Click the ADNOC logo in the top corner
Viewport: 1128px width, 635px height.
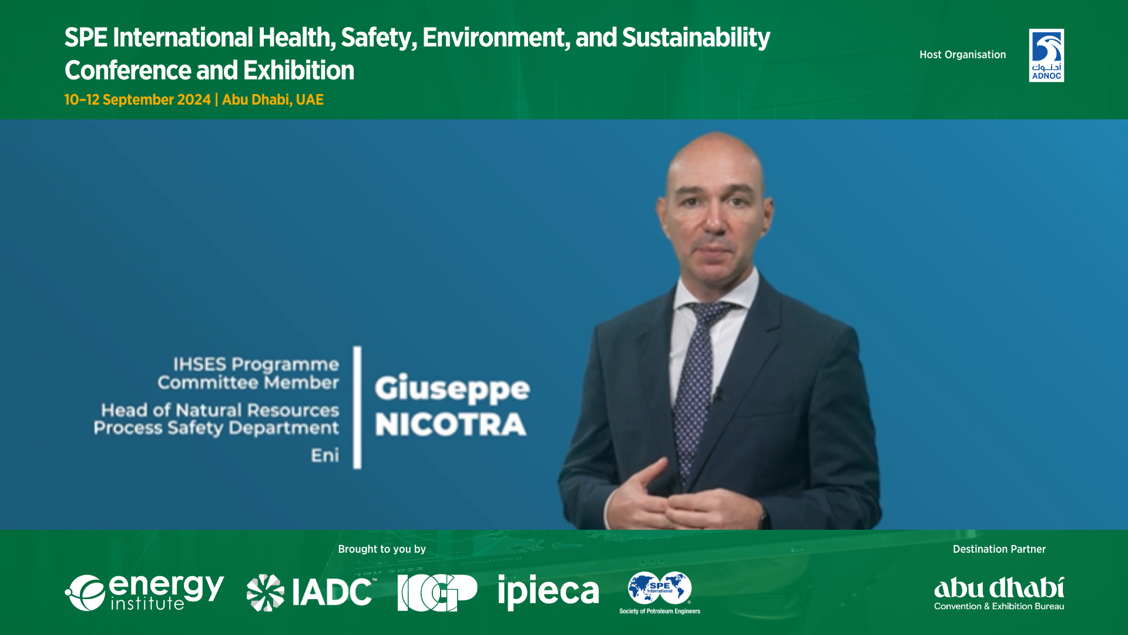[1046, 55]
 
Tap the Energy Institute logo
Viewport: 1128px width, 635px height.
[145, 592]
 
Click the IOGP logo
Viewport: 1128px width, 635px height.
[437, 593]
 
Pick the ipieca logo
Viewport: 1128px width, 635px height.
[548, 592]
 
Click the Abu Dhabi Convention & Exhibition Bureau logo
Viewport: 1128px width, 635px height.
[999, 593]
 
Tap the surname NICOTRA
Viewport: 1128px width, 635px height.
[451, 425]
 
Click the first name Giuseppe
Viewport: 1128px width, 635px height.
[452, 389]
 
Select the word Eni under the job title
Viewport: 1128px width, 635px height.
[325, 455]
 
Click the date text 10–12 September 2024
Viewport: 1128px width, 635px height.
[137, 99]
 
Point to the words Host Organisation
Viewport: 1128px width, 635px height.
[962, 55]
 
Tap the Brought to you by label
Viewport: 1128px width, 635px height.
[382, 549]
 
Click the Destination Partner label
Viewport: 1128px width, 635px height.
[999, 549]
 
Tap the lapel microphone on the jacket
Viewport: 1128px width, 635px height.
[718, 393]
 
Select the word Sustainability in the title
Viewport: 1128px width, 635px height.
[696, 38]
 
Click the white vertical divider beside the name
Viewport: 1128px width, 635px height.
[357, 407]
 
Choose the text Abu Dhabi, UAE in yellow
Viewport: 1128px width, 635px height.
[273, 99]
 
